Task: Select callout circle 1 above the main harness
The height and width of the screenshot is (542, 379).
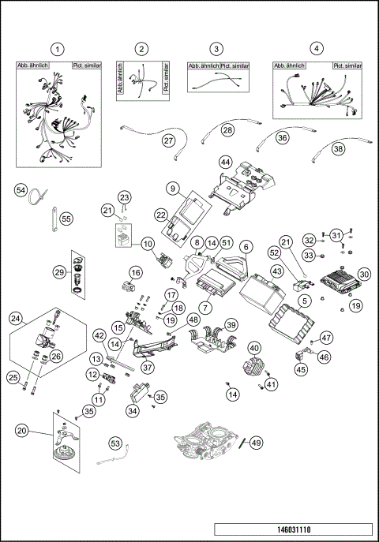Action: tap(56, 49)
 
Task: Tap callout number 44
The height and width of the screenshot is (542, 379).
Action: tap(225, 162)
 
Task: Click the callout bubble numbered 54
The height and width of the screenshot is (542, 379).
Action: tap(21, 190)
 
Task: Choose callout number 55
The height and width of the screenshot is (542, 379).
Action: tap(66, 219)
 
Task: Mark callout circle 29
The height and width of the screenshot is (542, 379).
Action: tap(60, 271)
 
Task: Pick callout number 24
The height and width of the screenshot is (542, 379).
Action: tap(16, 320)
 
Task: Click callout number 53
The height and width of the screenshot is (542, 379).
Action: tap(115, 445)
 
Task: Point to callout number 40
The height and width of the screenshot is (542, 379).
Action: tap(254, 348)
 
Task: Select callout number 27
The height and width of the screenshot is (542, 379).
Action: tap(168, 140)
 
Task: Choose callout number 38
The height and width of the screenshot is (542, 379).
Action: tap(338, 148)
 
